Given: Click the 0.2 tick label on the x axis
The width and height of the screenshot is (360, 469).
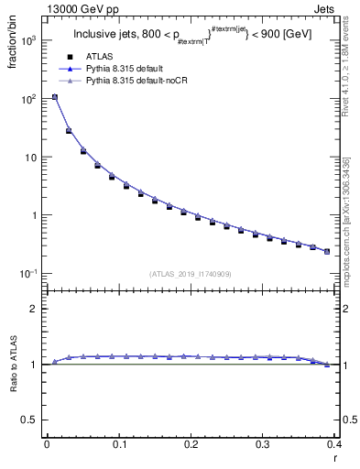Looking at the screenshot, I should pyautogui.click(x=191, y=444).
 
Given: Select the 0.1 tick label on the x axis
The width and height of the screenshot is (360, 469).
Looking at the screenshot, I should pyautogui.click(x=118, y=444).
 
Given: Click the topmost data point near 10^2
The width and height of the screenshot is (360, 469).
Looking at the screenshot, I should pyautogui.click(x=54, y=97).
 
